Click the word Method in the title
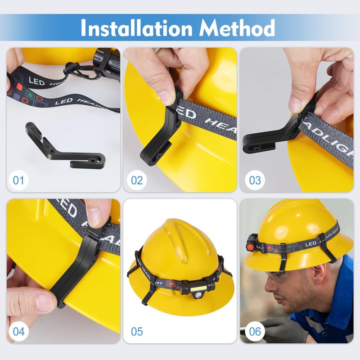point(237,28)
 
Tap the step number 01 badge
point(18,180)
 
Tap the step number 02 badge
point(137,180)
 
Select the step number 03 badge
point(255,180)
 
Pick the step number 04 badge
point(18,332)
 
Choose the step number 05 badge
point(137,332)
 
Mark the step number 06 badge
point(255,332)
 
